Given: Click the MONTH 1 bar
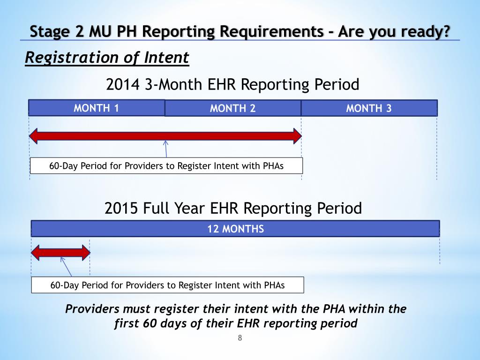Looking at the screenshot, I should pos(96,108).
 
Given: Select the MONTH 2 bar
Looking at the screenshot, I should pos(233,109).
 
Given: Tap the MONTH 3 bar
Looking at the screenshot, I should pos(369,109).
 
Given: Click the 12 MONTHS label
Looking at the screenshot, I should pos(236,229).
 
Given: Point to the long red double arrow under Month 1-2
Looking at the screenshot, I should pos(165,136).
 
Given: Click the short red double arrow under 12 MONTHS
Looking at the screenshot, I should pos(60,253).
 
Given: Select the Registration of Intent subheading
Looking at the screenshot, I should pos(107,58).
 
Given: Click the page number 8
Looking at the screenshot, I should pos(240,338).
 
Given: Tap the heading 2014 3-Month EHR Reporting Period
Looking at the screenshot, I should pos(233,85).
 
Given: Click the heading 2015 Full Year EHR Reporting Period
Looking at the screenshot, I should pos(233,208).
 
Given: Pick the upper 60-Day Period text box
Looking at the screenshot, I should pos(166,166).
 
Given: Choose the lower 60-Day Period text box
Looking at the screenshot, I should pos(167,285).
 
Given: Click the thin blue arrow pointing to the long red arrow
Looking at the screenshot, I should pos(166,149).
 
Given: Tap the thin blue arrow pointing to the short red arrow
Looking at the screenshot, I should pos(66,267).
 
